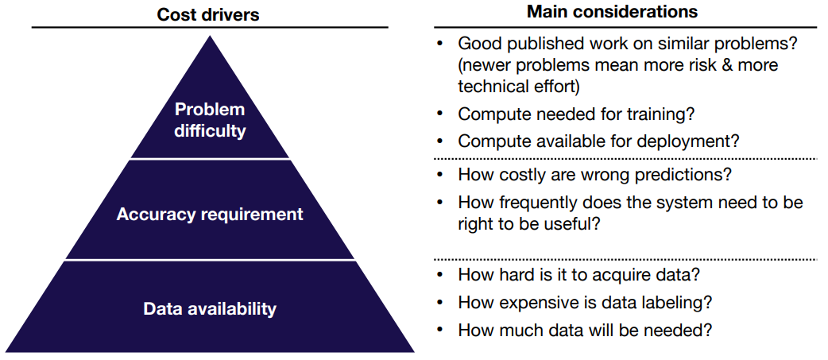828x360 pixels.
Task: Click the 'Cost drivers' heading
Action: point(208,14)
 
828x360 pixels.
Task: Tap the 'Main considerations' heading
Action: point(613,12)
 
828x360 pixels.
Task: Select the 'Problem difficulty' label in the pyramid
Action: point(210,120)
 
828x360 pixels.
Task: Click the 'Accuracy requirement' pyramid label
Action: point(210,215)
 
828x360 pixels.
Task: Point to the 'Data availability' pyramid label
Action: point(210,308)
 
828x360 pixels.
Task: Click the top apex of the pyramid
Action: point(210,36)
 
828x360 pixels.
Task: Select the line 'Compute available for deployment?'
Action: point(598,141)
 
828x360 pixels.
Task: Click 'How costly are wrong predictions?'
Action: point(594,175)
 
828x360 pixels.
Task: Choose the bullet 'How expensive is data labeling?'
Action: point(585,303)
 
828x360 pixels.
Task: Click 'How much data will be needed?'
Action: point(585,331)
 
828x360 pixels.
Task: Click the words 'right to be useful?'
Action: point(529,225)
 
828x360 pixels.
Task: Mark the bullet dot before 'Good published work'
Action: point(439,43)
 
